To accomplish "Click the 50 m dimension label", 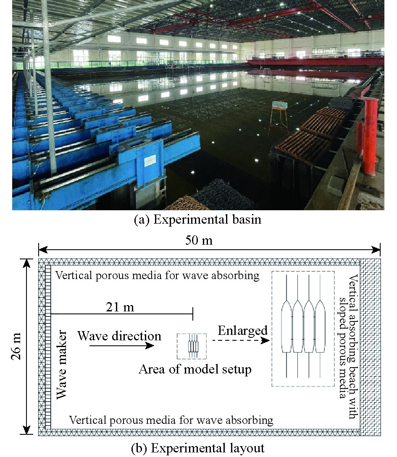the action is [x=199, y=240].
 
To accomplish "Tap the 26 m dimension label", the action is [x=17, y=346].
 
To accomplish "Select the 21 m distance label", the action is [x=120, y=307].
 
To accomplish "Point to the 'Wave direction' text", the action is [x=119, y=336].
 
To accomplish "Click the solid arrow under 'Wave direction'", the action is [x=122, y=346].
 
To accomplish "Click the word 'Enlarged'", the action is [x=243, y=331].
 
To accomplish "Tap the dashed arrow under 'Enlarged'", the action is [x=241, y=340].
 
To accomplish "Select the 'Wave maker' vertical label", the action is [x=62, y=364].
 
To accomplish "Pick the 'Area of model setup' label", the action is [x=195, y=369].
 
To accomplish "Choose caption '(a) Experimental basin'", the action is [x=197, y=219].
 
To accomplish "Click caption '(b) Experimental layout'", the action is [x=198, y=448].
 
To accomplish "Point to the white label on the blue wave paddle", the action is [x=150, y=160].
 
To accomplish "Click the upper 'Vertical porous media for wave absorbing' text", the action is [x=158, y=275].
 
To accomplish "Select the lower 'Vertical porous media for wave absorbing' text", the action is [x=171, y=420].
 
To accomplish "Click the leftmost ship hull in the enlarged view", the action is [x=287, y=326].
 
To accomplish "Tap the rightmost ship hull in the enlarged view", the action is [x=320, y=326].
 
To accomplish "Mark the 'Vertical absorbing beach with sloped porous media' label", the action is [x=348, y=347].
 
